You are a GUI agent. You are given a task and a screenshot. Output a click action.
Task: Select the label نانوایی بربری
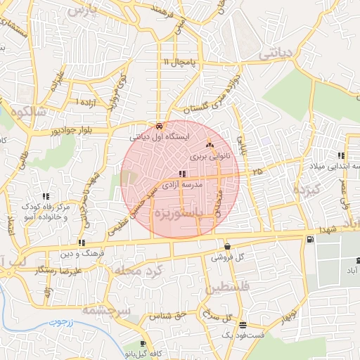209,157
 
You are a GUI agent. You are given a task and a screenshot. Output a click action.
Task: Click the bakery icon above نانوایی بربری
209,146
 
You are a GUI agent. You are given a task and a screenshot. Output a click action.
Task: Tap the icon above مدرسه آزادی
182,174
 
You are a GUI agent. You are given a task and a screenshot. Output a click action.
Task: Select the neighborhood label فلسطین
229,287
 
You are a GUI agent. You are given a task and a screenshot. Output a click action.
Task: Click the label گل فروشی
227,258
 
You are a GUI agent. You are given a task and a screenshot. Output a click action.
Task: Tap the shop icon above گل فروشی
227,247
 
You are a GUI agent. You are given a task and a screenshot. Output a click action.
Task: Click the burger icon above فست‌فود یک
243,325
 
